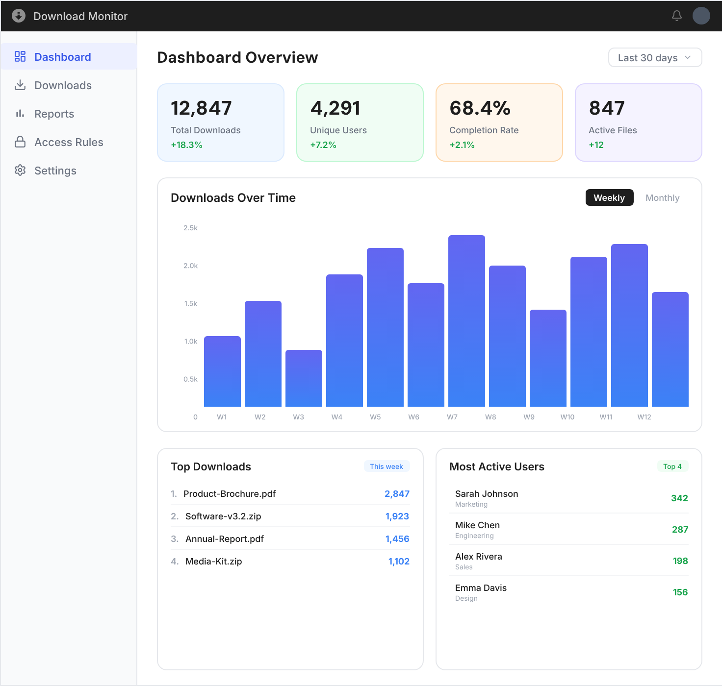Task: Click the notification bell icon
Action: [677, 16]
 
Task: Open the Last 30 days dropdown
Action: [655, 58]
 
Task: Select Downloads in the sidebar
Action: [63, 85]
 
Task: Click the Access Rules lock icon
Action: [20, 142]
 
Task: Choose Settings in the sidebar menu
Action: [55, 171]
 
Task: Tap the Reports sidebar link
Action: [54, 114]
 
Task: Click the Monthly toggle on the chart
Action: [662, 198]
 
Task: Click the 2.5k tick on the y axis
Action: [190, 228]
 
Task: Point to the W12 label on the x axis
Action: [644, 417]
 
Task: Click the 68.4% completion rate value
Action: [480, 108]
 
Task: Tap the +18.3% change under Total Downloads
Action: [186, 145]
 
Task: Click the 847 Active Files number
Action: [607, 108]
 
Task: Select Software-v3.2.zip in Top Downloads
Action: [223, 516]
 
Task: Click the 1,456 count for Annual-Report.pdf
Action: [397, 539]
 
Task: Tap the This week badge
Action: [387, 466]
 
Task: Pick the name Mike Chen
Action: [477, 525]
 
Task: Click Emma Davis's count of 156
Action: [680, 592]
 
